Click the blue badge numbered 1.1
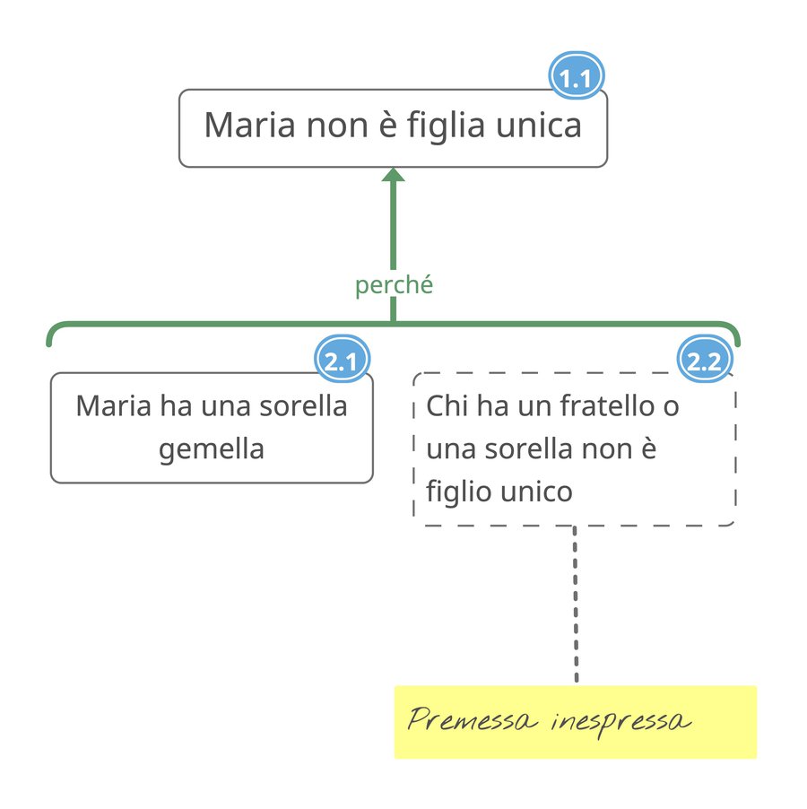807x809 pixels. tap(575, 79)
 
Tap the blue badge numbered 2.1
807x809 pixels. tap(342, 362)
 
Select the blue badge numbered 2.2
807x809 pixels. tap(705, 362)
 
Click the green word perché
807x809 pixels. tap(394, 285)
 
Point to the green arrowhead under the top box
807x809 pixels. tap(393, 175)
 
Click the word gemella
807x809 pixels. tap(212, 448)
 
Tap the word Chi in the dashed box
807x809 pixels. tap(447, 406)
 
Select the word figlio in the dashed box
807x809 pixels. tap(456, 491)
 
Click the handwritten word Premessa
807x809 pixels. tap(471, 721)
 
